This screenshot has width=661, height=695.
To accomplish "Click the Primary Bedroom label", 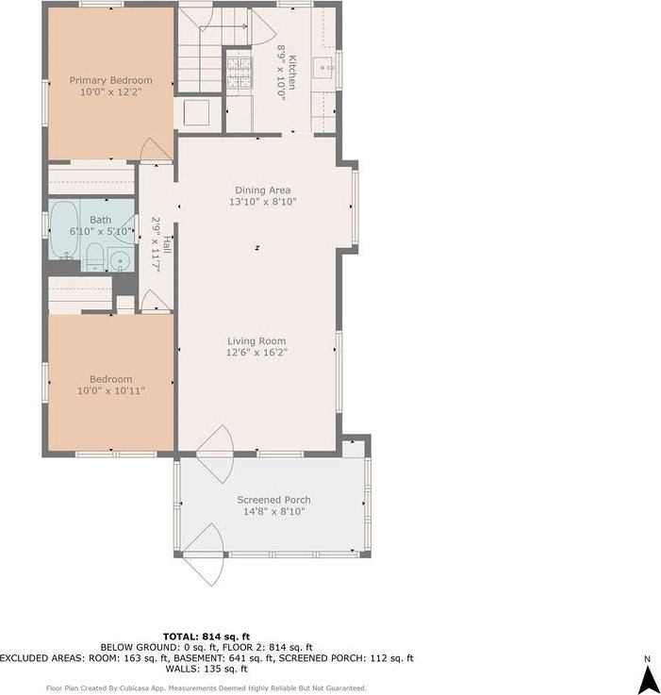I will tap(110, 80).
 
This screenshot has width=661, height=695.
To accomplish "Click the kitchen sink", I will tap(323, 67).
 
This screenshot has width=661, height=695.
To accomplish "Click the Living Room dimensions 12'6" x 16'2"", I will tap(256, 353).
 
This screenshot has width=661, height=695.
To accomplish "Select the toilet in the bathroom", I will tap(94, 256).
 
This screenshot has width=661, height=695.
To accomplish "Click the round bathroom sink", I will tap(119, 261).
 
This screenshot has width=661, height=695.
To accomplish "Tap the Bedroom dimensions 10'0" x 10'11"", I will tap(110, 389).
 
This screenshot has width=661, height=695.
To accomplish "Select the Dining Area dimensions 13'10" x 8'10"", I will tap(262, 202).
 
